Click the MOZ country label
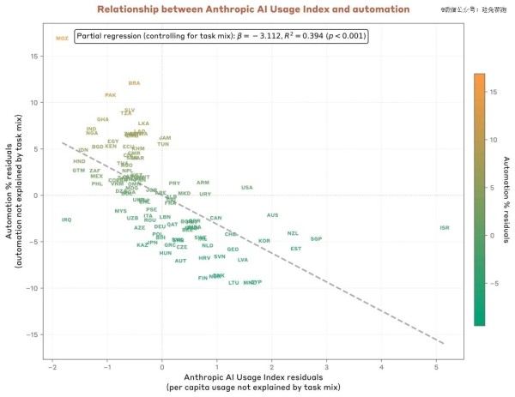62,39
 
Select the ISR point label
444,227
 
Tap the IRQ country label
66,220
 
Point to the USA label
247,187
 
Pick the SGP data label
316,238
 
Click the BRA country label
134,83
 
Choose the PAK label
110,95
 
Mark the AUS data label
273,215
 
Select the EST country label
296,249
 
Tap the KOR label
264,241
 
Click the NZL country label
294,233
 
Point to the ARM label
203,182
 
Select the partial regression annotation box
221,37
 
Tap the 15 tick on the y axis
34,56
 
